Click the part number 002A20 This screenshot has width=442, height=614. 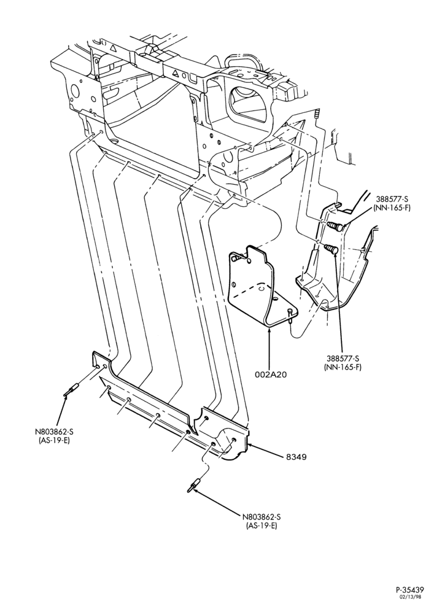point(271,375)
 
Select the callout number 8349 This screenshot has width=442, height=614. point(295,457)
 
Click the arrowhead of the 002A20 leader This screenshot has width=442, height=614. point(269,330)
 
